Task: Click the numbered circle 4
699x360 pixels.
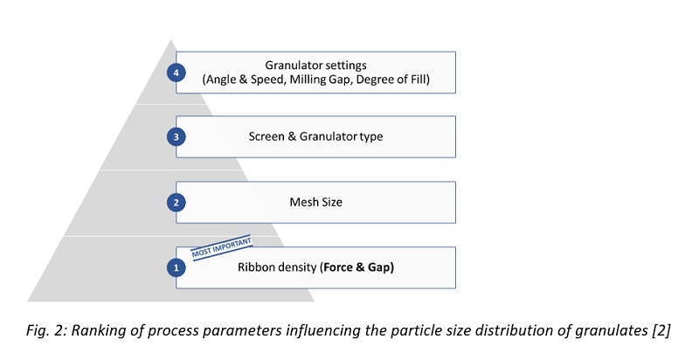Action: [177, 73]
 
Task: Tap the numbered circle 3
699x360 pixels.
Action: [177, 138]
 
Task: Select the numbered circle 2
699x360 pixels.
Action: [177, 203]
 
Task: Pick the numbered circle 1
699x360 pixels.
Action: [177, 267]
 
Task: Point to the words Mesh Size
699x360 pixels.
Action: [316, 203]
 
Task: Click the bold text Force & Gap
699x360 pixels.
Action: [357, 267]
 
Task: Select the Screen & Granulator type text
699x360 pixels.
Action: [316, 138]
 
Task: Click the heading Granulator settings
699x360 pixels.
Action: [316, 64]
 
